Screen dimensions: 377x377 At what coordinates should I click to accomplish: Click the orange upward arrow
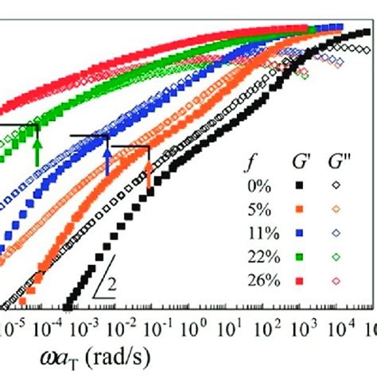tap(148, 175)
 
